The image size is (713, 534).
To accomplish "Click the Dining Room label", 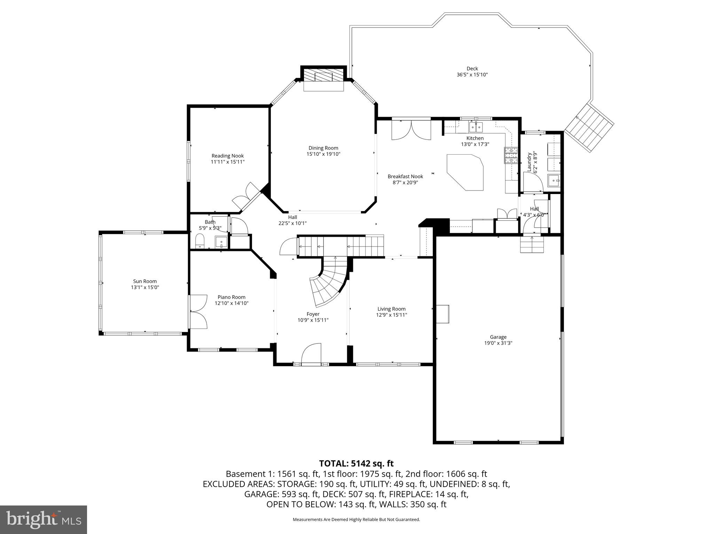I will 323,148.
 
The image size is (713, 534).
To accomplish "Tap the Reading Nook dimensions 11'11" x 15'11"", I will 228,162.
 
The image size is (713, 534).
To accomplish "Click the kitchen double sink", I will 476,128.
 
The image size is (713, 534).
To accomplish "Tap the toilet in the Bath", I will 200,241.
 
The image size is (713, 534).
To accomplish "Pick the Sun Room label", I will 145,281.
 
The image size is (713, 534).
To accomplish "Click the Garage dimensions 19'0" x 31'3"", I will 498,343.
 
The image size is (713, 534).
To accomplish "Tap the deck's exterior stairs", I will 589,128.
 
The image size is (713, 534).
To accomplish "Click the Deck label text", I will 472,68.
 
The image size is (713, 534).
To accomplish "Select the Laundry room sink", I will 554,181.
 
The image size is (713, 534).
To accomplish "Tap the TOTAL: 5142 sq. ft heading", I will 356,463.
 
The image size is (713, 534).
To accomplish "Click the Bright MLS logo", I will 44,519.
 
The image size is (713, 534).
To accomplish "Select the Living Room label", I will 391,309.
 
